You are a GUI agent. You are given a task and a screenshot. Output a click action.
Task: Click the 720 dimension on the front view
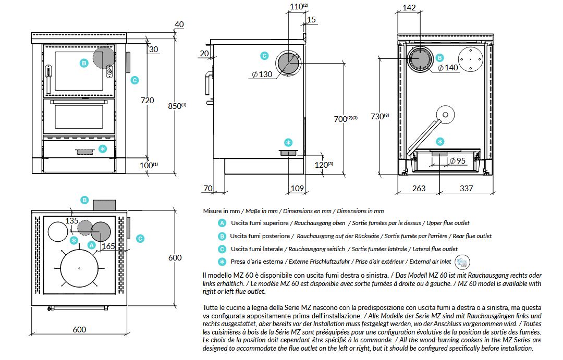[147, 100]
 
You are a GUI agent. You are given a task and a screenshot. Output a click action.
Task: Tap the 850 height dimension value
[176, 105]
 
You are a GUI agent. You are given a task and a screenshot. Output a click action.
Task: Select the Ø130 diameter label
[262, 75]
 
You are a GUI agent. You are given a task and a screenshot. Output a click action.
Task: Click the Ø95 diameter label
[457, 161]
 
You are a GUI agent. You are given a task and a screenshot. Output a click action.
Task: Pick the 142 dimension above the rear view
[409, 7]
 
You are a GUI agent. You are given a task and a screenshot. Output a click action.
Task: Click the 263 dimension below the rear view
[419, 188]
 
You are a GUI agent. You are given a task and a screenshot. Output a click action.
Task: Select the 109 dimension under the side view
[297, 188]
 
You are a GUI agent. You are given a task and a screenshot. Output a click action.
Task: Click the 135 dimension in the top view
[72, 221]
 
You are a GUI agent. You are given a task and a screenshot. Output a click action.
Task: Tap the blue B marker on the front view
[83, 63]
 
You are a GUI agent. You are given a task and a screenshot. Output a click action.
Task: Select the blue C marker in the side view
[264, 56]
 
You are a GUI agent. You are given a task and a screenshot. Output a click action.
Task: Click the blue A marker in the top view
[92, 244]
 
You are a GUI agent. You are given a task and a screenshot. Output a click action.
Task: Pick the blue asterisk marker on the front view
[103, 149]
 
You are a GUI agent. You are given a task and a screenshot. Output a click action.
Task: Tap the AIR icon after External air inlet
[462, 262]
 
